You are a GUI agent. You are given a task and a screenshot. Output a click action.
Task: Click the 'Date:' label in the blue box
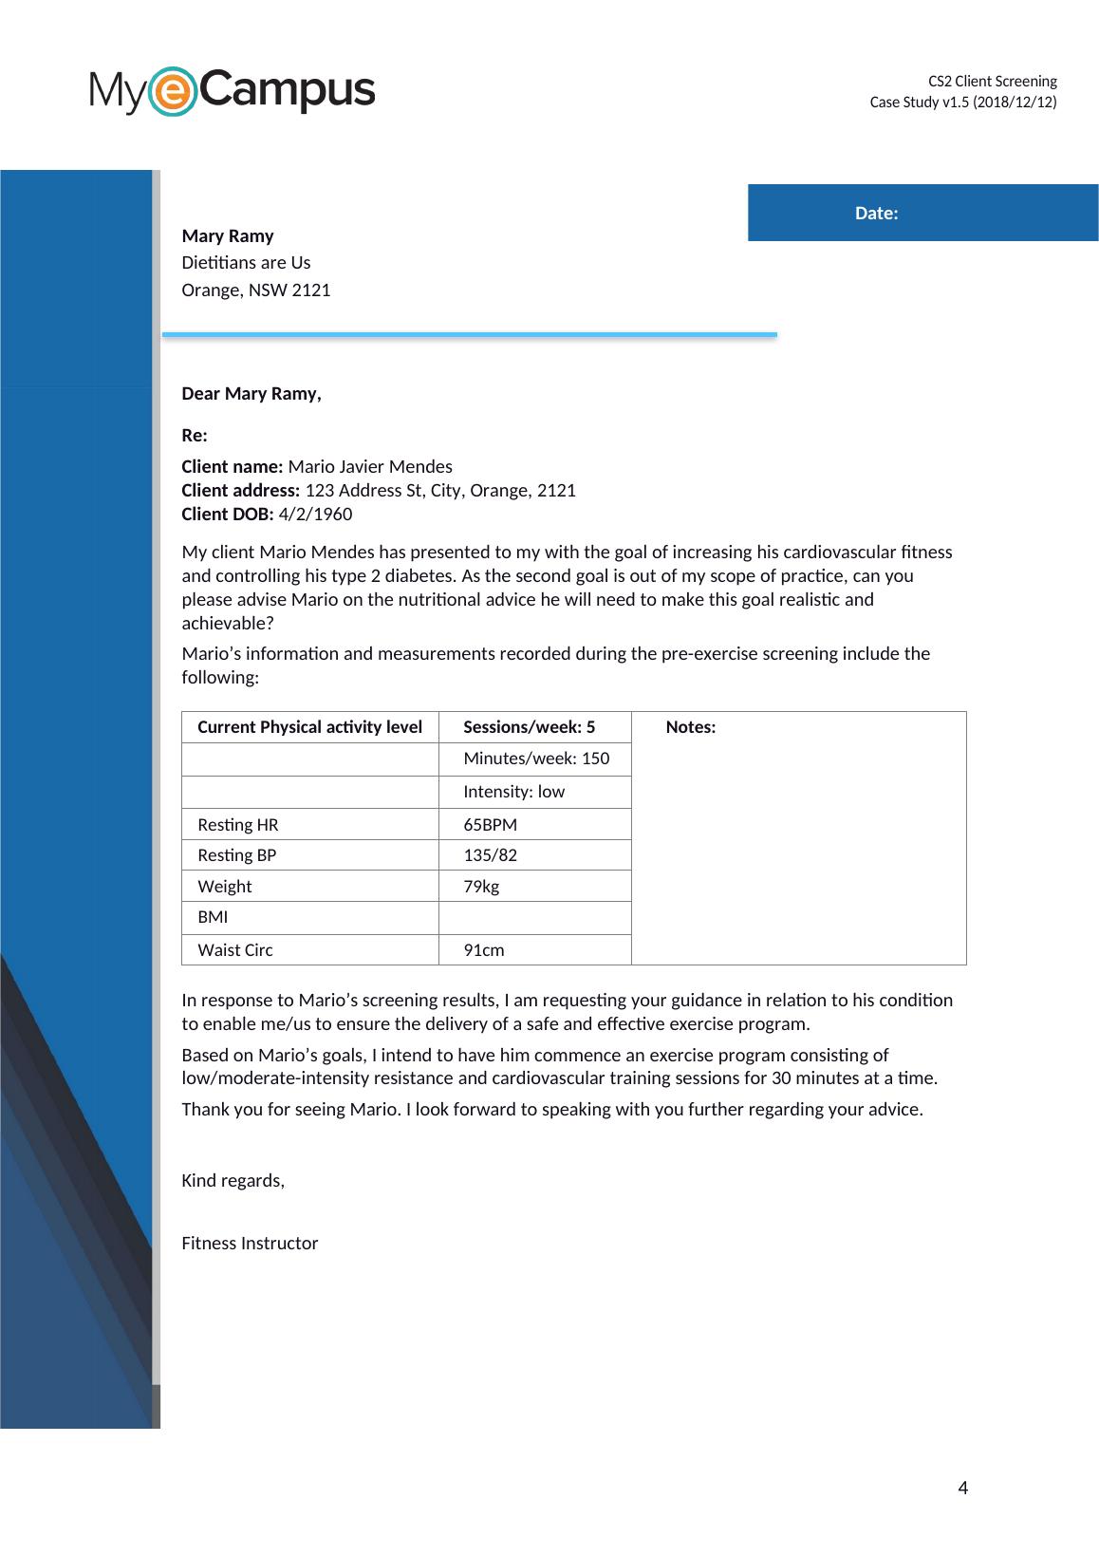876,214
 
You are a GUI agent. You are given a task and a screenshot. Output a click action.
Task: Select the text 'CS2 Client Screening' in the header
992,82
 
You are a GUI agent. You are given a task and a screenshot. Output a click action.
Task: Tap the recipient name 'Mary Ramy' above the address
228,236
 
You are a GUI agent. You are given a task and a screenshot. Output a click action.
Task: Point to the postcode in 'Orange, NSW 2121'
311,290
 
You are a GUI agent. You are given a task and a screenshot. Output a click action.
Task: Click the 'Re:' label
195,436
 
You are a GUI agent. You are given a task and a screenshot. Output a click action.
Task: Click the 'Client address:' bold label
241,491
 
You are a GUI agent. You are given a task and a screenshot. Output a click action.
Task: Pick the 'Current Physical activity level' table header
309,727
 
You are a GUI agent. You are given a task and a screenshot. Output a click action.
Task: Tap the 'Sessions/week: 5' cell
529,727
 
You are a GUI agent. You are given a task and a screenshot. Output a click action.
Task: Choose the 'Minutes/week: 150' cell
536,759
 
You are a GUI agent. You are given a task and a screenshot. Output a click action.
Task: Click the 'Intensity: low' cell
513,792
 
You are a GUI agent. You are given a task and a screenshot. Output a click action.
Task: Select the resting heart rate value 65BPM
490,825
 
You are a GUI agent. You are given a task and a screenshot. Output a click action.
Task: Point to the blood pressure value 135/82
490,855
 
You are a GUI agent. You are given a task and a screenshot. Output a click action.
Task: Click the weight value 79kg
481,887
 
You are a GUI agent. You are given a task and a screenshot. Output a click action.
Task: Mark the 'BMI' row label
213,917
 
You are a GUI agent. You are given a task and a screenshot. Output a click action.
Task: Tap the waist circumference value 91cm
484,950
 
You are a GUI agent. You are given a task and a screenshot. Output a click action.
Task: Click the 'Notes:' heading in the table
691,727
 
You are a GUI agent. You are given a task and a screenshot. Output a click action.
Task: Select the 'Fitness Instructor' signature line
250,1244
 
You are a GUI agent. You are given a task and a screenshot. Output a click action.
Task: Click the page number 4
963,1488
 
